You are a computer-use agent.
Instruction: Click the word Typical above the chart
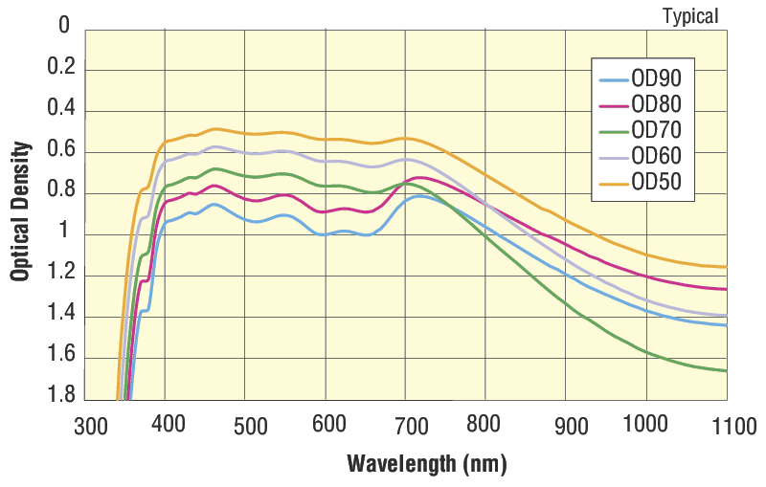[689, 15]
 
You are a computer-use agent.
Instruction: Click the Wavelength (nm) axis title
[426, 464]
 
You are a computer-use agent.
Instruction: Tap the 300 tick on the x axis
[92, 426]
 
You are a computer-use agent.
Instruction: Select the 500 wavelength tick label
[251, 426]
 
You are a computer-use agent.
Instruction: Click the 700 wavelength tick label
[411, 426]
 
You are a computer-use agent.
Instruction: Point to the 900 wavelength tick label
[571, 426]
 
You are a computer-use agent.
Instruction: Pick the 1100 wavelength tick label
[733, 426]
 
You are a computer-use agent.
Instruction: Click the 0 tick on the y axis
[65, 26]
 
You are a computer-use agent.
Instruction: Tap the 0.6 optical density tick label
[60, 151]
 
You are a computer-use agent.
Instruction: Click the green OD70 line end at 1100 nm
[725, 370]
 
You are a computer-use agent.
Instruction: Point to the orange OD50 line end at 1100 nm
[725, 267]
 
